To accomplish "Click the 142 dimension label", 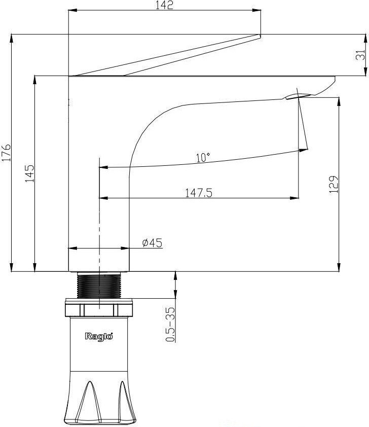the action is pos(164,5).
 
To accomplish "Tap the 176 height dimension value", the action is pos(6,153).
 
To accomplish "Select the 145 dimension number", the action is pos(30,173).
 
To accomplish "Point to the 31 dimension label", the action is pos(360,55).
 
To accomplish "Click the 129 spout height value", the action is pos(334,185).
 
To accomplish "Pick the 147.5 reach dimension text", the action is pos(199,193).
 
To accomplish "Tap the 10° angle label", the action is pos(203,157).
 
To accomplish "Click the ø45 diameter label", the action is pos(152,242).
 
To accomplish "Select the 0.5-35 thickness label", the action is pos(170,325).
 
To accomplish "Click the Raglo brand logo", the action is pos(99,336).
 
